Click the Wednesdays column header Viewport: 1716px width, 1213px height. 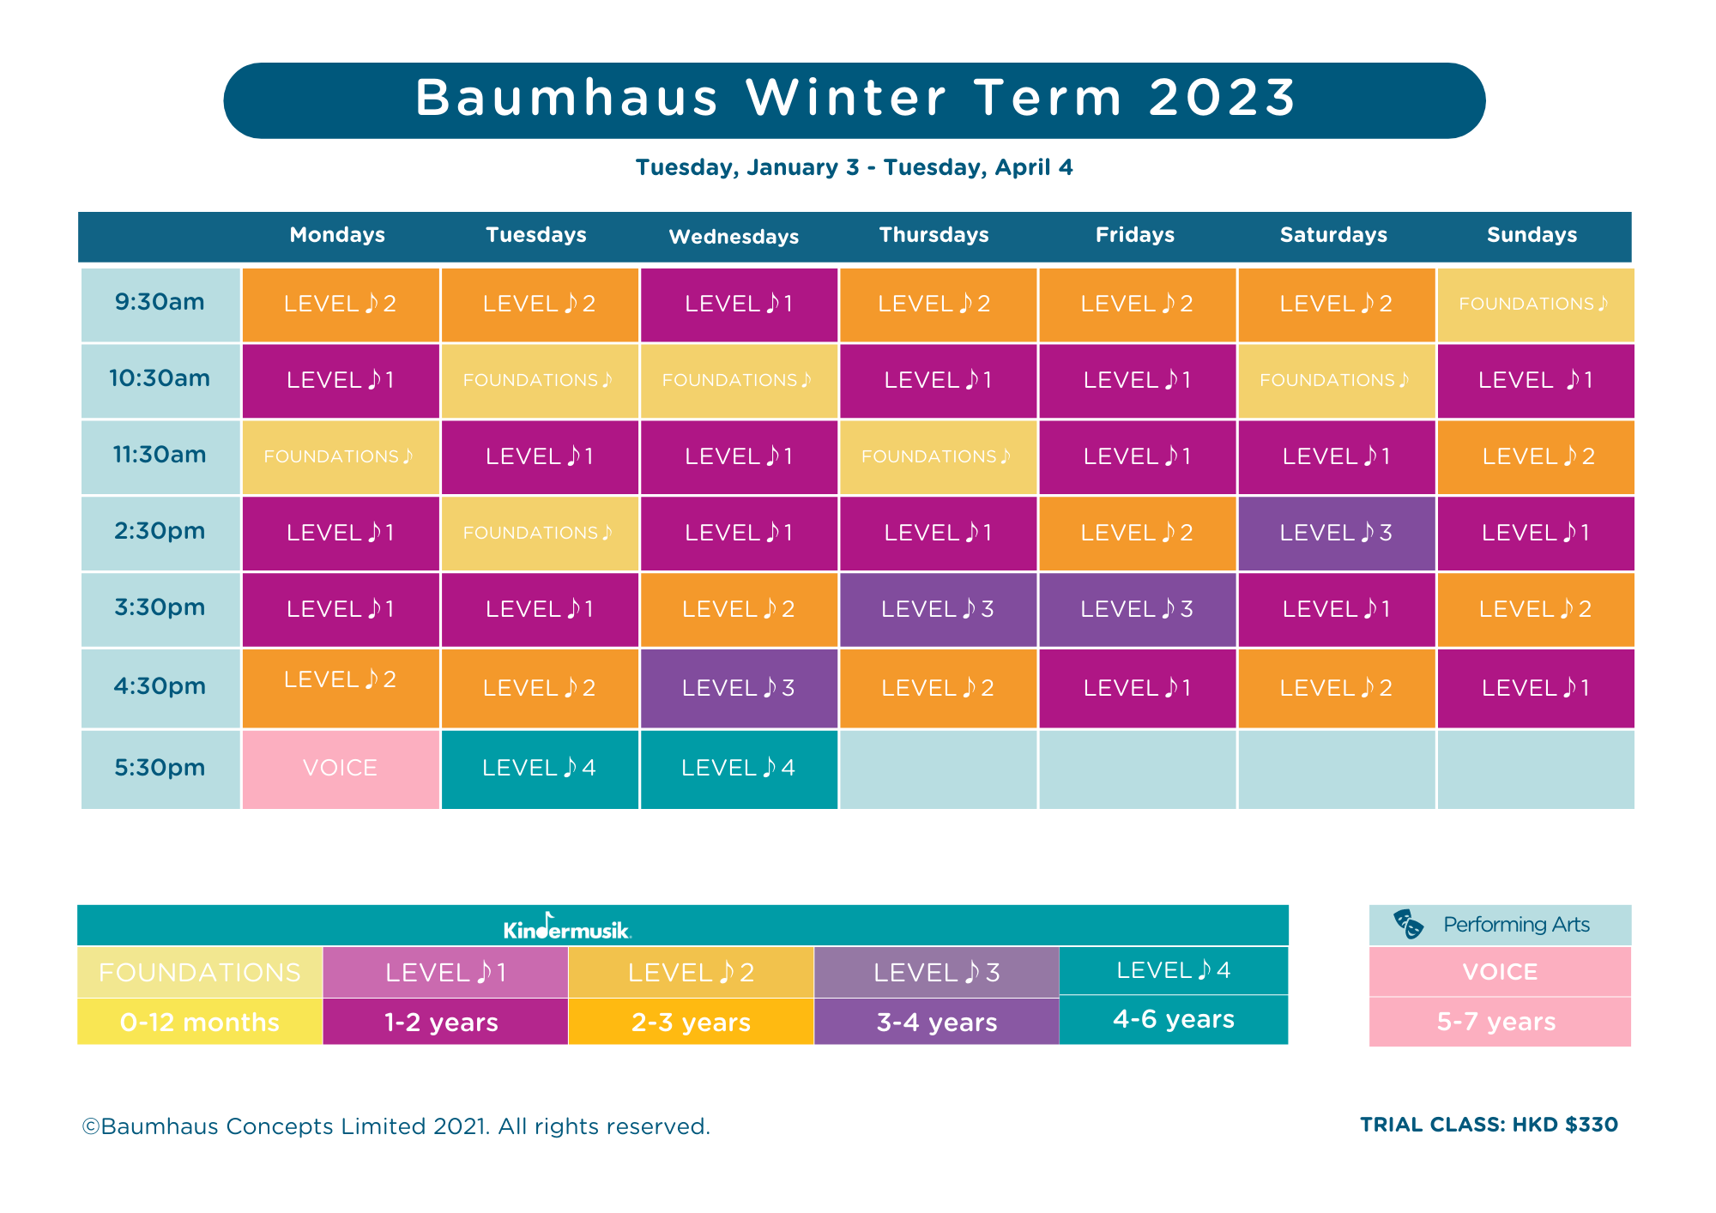point(734,237)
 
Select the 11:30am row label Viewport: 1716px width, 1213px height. point(160,455)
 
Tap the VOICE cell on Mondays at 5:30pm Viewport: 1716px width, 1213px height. point(340,768)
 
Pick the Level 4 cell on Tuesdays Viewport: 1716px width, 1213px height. point(539,768)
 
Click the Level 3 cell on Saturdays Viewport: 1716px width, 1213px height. point(1335,533)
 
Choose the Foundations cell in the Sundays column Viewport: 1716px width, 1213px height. point(1534,305)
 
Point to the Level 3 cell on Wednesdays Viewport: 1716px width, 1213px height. point(738,688)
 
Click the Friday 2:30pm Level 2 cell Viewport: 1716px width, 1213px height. point(1136,533)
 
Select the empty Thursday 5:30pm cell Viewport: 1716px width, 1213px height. point(937,769)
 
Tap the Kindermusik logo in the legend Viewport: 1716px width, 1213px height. point(567,926)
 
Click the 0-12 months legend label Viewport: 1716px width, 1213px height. point(200,1022)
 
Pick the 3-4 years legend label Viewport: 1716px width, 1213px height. point(936,1022)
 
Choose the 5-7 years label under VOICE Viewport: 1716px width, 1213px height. point(1496,1022)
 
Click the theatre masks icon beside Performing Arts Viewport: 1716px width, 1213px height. point(1408,924)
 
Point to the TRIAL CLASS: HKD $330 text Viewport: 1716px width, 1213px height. point(1489,1125)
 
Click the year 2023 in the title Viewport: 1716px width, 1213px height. point(1222,98)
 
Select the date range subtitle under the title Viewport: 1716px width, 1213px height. point(854,167)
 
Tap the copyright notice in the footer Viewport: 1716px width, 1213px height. point(396,1126)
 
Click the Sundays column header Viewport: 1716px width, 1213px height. point(1532,235)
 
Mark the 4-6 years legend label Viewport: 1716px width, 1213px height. point(1173,1019)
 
